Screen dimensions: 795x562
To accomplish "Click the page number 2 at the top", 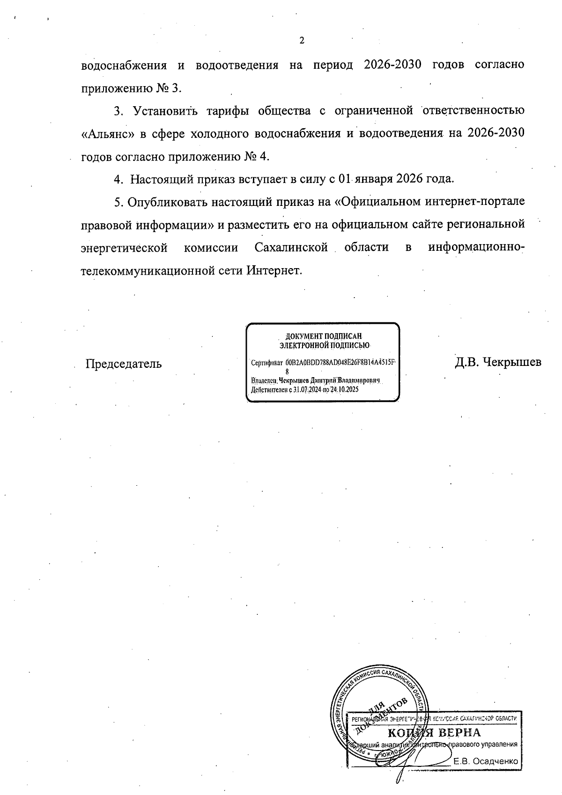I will pyautogui.click(x=302, y=41).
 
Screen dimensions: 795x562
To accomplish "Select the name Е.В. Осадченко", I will pyautogui.click(x=486, y=762).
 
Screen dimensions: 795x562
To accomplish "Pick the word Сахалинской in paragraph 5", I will pyautogui.click(x=291, y=247).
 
